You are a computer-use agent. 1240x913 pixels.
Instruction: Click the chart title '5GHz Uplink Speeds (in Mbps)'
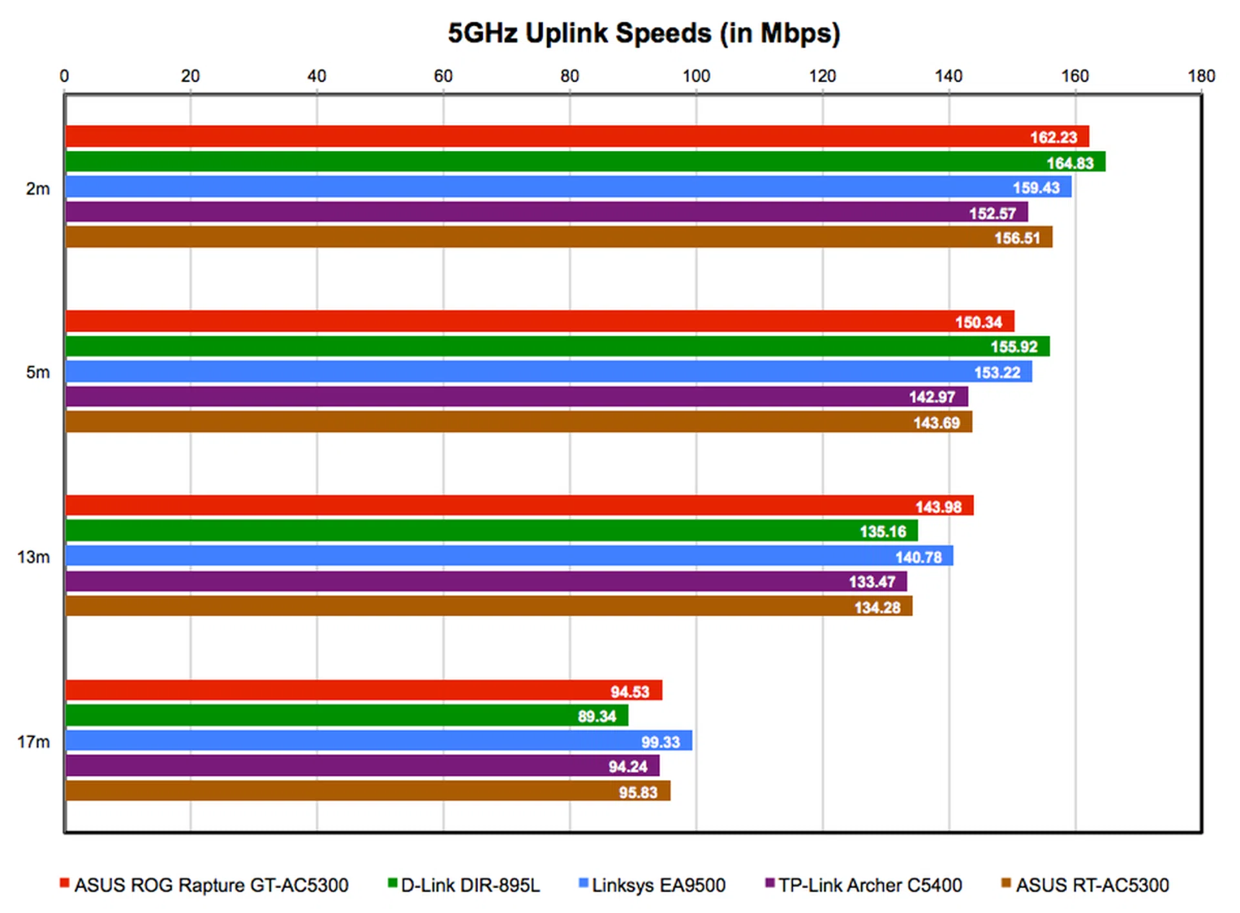644,34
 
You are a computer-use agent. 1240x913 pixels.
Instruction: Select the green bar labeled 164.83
581,161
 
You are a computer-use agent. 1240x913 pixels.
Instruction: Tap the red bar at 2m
575,136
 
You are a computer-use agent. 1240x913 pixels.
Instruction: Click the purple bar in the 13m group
484,581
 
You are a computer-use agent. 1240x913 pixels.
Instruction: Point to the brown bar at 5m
517,422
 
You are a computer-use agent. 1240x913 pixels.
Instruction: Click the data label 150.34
978,322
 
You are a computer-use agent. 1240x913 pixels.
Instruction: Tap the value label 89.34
597,716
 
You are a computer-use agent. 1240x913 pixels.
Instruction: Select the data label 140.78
918,557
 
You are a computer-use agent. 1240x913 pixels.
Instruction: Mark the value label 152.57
993,213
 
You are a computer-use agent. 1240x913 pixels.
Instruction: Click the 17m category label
34,742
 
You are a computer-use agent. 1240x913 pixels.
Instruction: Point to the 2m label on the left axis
37,189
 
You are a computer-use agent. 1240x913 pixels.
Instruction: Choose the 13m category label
34,557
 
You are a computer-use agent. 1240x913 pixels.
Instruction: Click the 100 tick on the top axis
696,76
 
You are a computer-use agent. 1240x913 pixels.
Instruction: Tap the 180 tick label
1201,76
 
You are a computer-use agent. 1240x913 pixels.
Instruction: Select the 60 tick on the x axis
443,76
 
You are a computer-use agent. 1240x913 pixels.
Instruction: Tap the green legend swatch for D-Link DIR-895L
392,883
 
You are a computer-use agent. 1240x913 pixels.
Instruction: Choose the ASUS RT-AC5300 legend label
1092,885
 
